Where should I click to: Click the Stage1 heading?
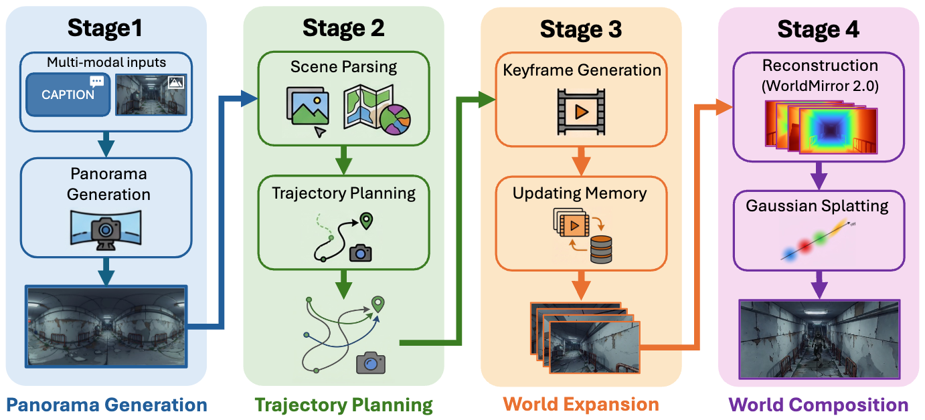106,29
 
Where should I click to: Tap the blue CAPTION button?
68,94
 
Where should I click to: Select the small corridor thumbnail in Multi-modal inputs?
152,94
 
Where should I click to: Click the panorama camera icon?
105,230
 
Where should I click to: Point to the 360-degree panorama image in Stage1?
106,326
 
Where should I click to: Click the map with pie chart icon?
377,110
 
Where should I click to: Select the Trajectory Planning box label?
343,193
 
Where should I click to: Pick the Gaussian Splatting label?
817,206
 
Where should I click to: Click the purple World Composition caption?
818,405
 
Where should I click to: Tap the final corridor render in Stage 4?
819,338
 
